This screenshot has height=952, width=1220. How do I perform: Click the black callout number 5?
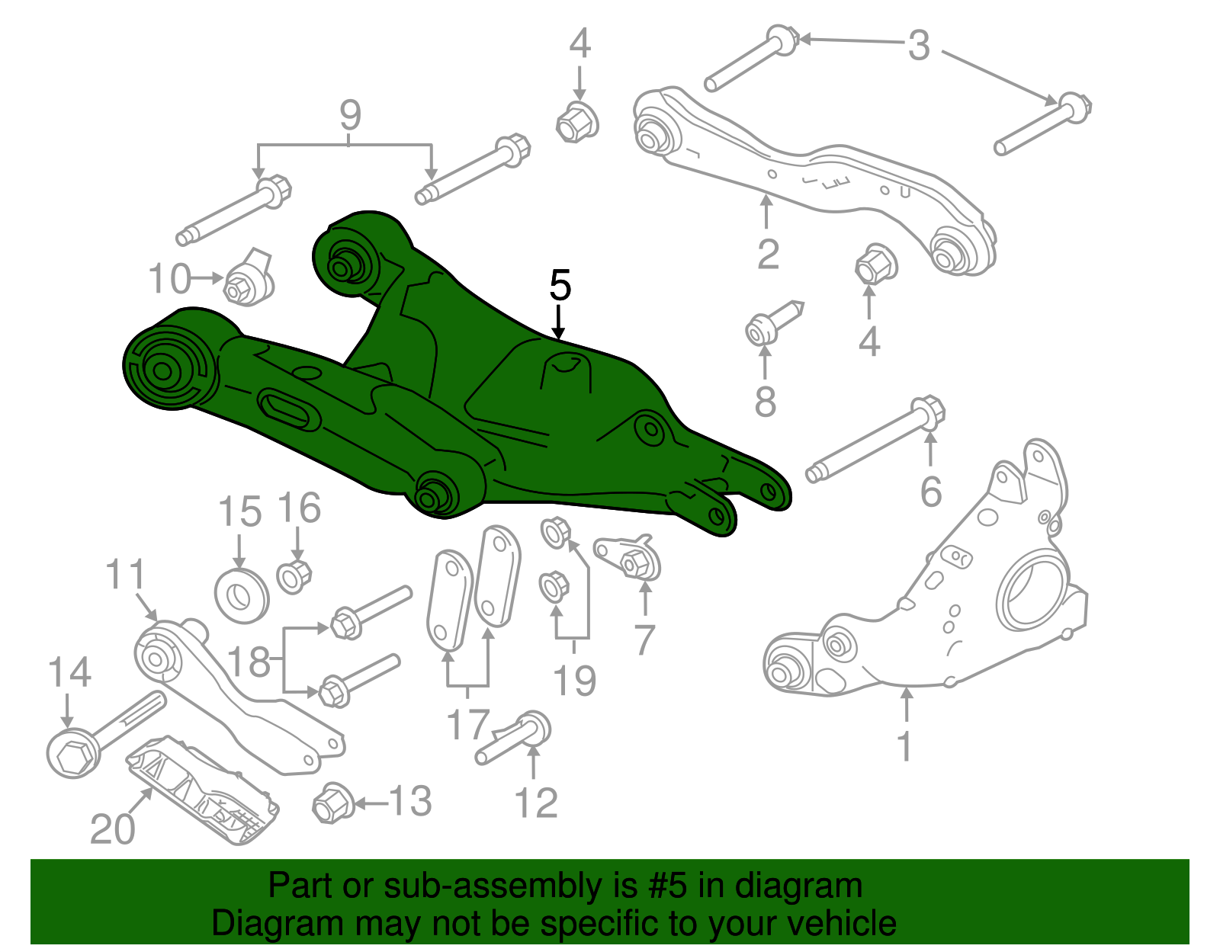tap(560, 286)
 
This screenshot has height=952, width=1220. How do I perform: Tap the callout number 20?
tap(112, 829)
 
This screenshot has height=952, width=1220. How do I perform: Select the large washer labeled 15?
tap(242, 595)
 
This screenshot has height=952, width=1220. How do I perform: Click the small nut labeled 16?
tap(294, 576)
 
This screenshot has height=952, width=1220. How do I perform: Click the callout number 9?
tap(350, 116)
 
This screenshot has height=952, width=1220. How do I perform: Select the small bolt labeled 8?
tap(770, 325)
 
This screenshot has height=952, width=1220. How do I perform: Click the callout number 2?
tap(768, 255)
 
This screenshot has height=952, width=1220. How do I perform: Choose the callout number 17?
tap(467, 724)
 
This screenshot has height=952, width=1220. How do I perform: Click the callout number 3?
tap(920, 46)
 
